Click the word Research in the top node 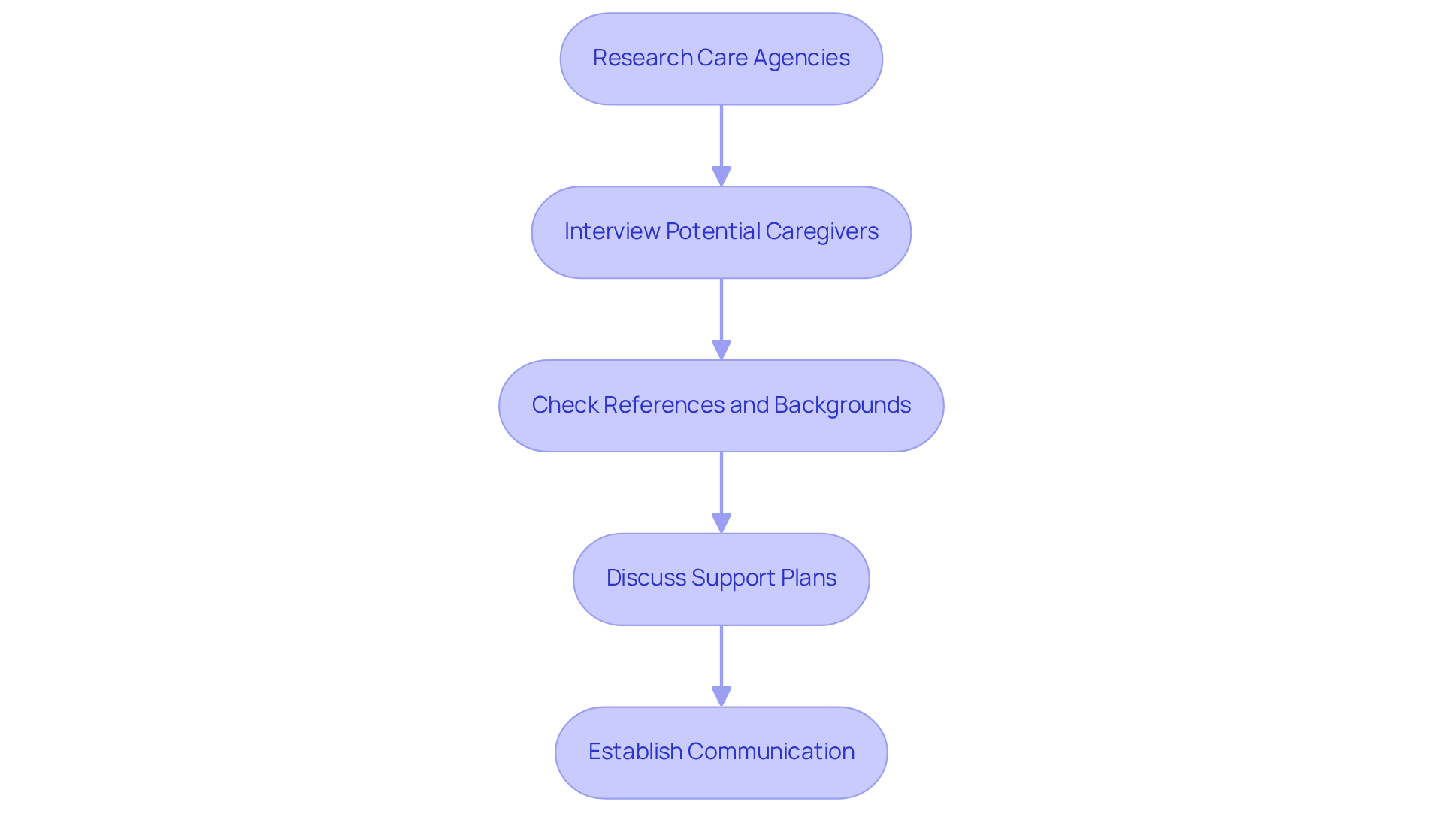(x=643, y=58)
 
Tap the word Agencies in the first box (x=801, y=58)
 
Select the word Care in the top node (x=722, y=58)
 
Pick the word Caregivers (x=821, y=231)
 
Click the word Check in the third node (x=564, y=405)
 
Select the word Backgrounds (x=842, y=405)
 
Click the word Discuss (x=646, y=578)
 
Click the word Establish (x=635, y=752)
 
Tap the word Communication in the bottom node (x=770, y=752)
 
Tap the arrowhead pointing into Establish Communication (x=721, y=697)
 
